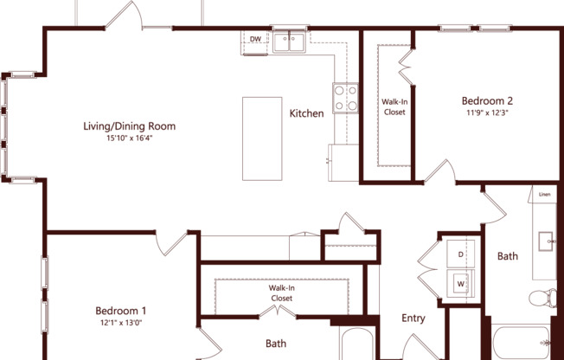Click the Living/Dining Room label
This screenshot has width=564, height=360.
129,126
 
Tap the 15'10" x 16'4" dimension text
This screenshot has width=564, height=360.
129,138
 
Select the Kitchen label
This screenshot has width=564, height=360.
306,113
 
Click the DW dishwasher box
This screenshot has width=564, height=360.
255,40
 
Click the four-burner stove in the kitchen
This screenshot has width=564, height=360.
345,97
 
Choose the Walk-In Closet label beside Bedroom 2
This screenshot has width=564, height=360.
394,106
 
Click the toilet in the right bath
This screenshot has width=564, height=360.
542,299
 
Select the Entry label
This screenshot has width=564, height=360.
413,318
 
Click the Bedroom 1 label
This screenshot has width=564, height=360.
120,311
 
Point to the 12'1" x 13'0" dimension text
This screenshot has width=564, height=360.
120,324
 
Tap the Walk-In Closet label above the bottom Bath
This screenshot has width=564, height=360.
280,292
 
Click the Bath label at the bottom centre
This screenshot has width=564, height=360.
276,344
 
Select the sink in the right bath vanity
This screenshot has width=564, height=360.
546,241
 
